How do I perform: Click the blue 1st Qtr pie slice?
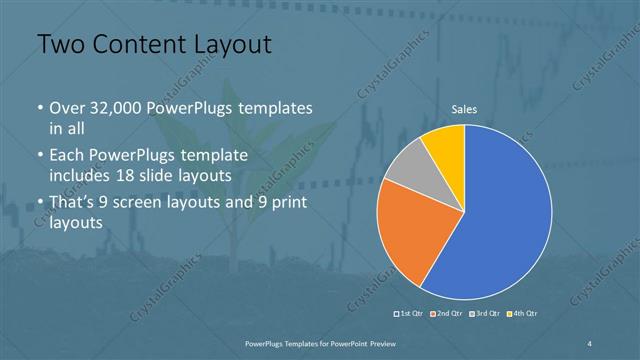pyautogui.click(x=500, y=215)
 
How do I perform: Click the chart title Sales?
pyautogui.click(x=464, y=108)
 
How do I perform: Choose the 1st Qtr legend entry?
pyautogui.click(x=411, y=314)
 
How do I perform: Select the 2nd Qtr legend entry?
pyautogui.click(x=446, y=314)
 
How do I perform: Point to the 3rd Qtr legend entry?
pyautogui.click(x=485, y=314)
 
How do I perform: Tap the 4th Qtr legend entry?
pyautogui.click(x=524, y=314)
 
